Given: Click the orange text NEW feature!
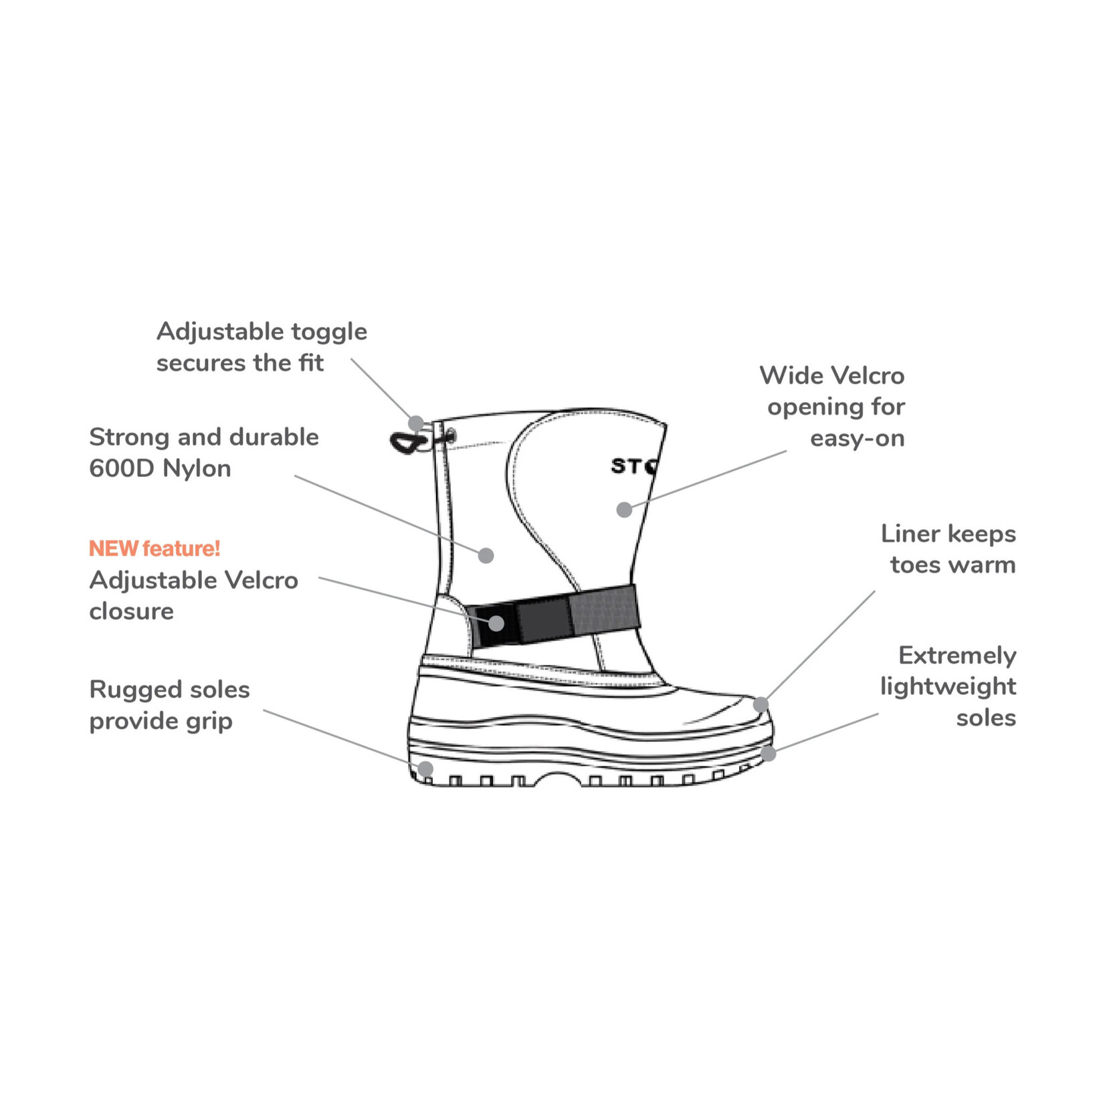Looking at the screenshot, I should [154, 548].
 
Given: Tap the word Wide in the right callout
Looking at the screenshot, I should [787, 375].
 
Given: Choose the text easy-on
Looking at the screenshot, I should [857, 438].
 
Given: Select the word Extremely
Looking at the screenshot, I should [957, 656].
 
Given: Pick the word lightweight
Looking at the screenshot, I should [948, 687].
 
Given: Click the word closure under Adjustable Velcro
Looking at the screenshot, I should [131, 611].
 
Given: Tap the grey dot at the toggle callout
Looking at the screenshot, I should [416, 423].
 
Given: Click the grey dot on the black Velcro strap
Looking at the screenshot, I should [496, 623].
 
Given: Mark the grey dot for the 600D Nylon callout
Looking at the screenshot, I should [486, 555].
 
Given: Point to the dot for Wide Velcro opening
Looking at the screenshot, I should [624, 510].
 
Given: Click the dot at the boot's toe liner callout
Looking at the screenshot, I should [761, 704].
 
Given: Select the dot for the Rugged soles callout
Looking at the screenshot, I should [425, 768].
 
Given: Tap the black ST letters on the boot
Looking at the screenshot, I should [627, 466].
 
